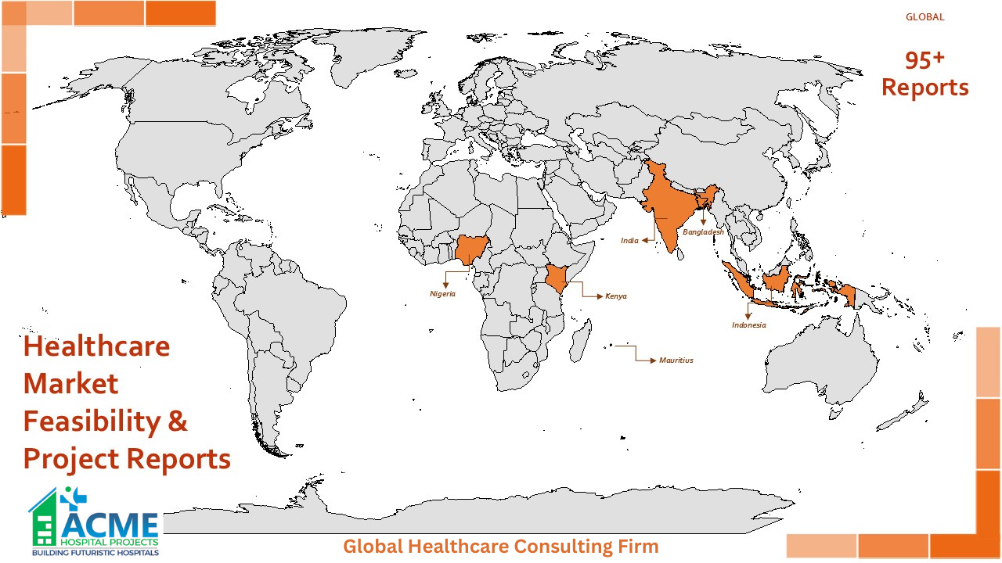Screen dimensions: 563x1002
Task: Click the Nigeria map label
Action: pyautogui.click(x=442, y=294)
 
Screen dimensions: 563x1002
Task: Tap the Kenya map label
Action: pyautogui.click(x=616, y=296)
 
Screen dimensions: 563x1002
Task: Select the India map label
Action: pyautogui.click(x=629, y=241)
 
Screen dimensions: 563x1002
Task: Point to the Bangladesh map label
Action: pyautogui.click(x=703, y=232)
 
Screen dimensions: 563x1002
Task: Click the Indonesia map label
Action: pyautogui.click(x=749, y=325)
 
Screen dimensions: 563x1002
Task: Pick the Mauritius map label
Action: pyautogui.click(x=676, y=360)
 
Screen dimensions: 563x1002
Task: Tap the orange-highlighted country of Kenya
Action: pyautogui.click(x=557, y=278)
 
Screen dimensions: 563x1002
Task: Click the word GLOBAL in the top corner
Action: pyautogui.click(x=925, y=16)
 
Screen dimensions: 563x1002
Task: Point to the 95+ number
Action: pyautogui.click(x=925, y=60)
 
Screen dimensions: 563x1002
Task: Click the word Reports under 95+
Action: pyautogui.click(x=925, y=88)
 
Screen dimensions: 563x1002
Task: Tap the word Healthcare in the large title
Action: pyautogui.click(x=96, y=346)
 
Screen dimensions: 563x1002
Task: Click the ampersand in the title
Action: pyautogui.click(x=178, y=421)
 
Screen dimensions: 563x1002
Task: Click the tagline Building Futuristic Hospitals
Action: pyautogui.click(x=95, y=553)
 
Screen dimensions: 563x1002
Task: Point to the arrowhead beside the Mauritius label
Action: pyautogui.click(x=653, y=360)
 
